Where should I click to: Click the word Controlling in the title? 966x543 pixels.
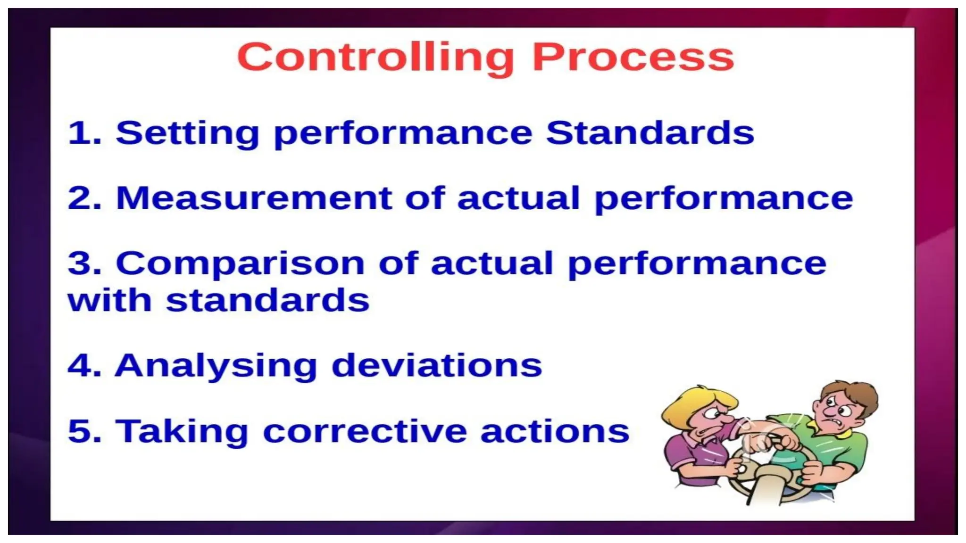375,58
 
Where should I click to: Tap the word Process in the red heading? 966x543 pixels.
633,58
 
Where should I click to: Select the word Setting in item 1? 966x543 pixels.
187,133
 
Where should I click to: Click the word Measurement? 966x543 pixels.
254,198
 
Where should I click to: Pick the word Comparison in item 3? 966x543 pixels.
240,264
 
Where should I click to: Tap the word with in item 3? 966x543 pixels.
109,301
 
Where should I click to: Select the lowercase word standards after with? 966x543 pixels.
267,301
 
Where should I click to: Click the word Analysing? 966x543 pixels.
216,366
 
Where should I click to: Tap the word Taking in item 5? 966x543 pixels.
182,432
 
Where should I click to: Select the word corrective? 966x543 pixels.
365,432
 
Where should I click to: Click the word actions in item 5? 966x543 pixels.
555,432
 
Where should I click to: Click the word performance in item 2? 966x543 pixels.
724,199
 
